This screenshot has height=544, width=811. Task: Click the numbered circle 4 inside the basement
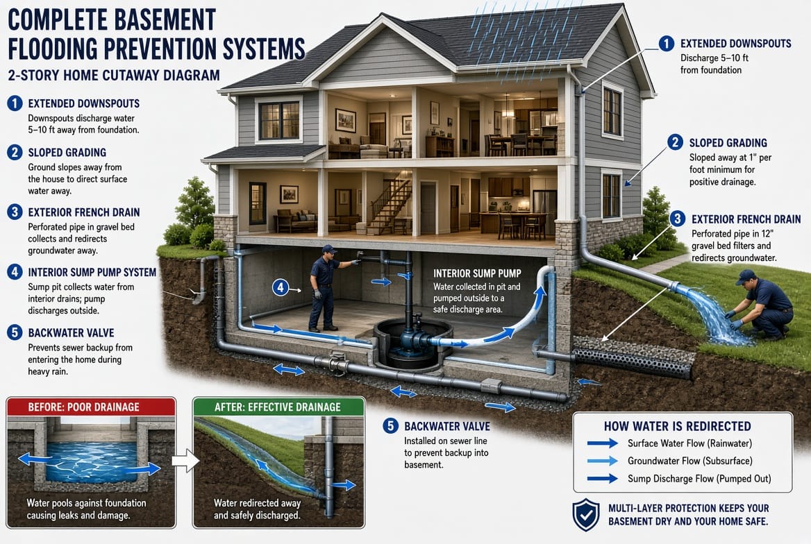pos(281,287)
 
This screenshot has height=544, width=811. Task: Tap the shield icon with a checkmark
pos(586,515)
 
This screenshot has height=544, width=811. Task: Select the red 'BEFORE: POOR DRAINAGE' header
pos(91,407)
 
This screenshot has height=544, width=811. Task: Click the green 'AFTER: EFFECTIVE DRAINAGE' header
pos(278,407)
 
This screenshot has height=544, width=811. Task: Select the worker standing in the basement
pos(326,288)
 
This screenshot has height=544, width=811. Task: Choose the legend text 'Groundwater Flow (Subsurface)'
pos(690,461)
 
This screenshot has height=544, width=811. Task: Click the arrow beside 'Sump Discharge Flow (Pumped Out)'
pos(603,478)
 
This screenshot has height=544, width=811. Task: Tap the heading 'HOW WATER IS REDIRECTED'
pos(678,426)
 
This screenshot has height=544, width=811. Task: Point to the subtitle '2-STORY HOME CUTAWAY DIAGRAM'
pos(114,76)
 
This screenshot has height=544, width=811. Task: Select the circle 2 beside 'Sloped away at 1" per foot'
pos(675,142)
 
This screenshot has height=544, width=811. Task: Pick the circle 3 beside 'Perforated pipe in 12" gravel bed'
pos(677,219)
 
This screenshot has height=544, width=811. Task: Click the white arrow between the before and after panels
pos(185,460)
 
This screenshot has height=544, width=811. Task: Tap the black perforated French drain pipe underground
pos(633,362)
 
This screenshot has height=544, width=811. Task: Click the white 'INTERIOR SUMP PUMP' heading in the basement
pos(477,273)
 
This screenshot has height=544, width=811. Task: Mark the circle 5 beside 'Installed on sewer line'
pos(390,426)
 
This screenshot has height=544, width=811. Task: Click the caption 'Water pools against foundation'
pos(86,502)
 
